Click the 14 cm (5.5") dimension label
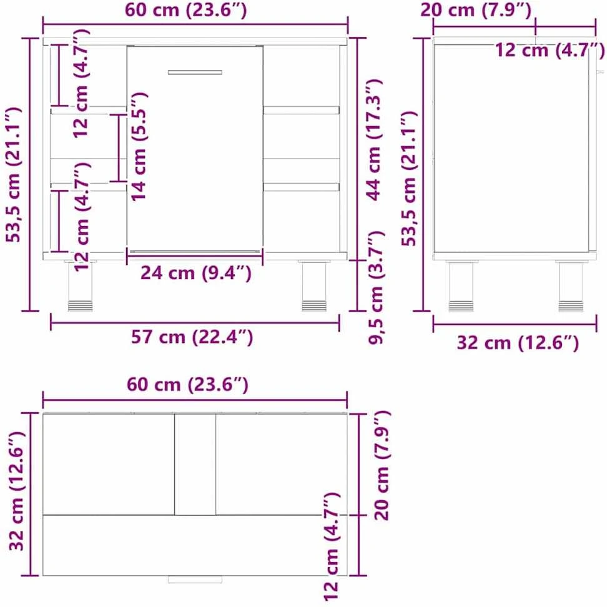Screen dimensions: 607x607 tap(139, 146)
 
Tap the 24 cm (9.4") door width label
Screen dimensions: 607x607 tap(195, 274)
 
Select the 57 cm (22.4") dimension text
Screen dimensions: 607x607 tap(192, 337)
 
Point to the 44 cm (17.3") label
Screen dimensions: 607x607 tap(374, 140)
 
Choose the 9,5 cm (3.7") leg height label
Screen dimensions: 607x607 tap(375, 287)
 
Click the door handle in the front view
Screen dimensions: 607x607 tap(195, 72)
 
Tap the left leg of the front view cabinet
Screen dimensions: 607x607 tap(81, 285)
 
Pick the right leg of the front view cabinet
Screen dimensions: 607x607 tap(314, 285)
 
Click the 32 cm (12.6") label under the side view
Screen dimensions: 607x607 tap(518, 343)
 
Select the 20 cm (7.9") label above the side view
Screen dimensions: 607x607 tap(476, 10)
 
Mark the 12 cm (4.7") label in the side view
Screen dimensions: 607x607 tap(550, 51)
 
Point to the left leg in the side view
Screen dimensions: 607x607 tap(461, 286)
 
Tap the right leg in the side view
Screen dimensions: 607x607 tap(571, 286)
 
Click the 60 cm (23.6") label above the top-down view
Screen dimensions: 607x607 tap(187, 385)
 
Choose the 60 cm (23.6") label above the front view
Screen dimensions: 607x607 tap(185, 10)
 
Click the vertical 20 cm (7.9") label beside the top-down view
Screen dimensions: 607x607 tap(382, 465)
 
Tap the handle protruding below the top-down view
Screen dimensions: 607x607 tap(195, 580)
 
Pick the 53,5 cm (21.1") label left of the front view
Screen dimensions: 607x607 tap(14, 175)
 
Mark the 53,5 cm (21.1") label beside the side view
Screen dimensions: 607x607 tap(409, 179)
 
